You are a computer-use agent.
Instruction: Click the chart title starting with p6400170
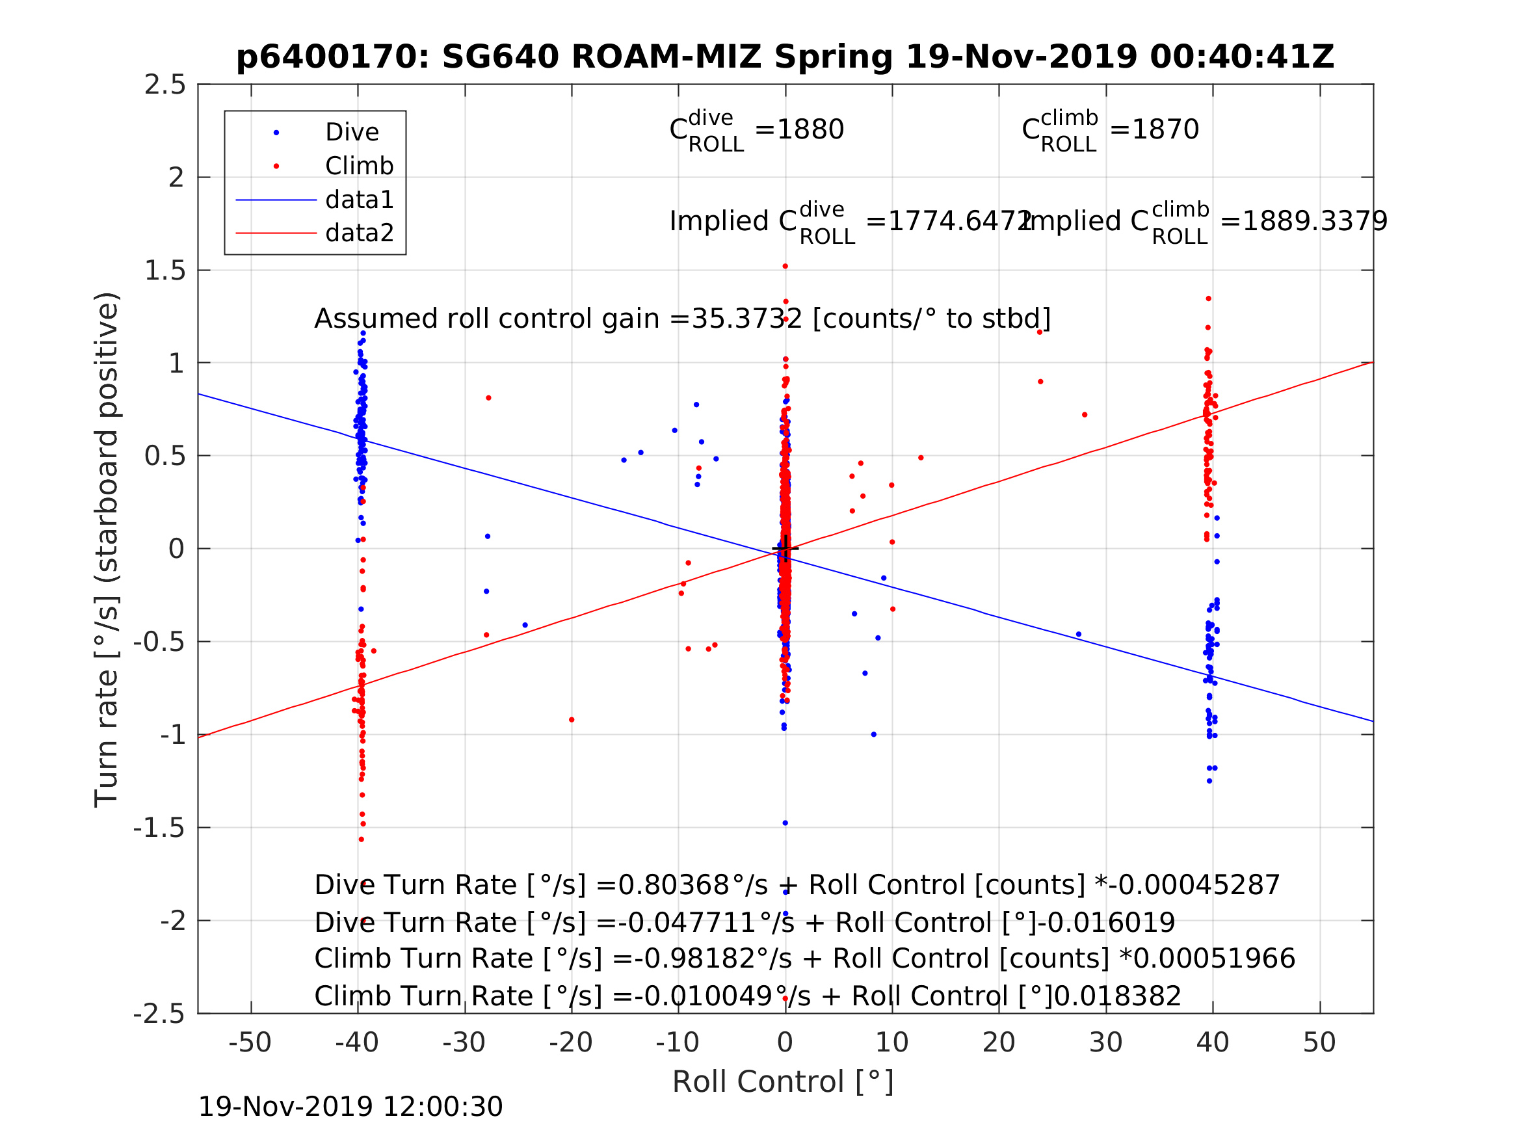tap(785, 57)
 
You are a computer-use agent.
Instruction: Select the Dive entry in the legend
tap(351, 133)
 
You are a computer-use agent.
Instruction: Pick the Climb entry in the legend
tap(359, 166)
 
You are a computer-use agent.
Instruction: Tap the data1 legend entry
tap(359, 200)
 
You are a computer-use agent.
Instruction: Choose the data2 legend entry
tap(359, 233)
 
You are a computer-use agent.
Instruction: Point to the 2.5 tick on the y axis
tap(165, 85)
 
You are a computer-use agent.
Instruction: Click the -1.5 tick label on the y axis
tap(159, 828)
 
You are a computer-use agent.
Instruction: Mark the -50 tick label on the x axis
tap(250, 1042)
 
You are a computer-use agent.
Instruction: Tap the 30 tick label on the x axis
tap(1105, 1042)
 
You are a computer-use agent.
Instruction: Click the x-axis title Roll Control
tap(783, 1082)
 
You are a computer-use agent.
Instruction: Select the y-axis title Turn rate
tap(107, 549)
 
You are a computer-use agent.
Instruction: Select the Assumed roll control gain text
tap(681, 319)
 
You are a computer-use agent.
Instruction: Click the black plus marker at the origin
tap(785, 549)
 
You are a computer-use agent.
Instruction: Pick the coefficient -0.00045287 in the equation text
tap(1194, 886)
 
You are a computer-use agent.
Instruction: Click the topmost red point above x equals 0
tap(785, 266)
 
